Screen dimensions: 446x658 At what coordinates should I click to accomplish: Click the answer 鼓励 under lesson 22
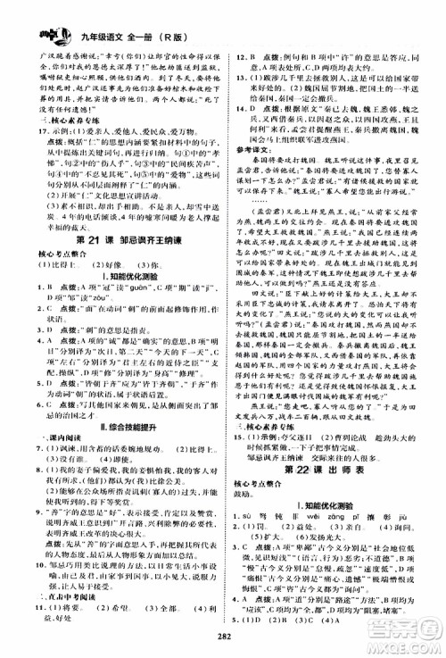[x=247, y=494]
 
